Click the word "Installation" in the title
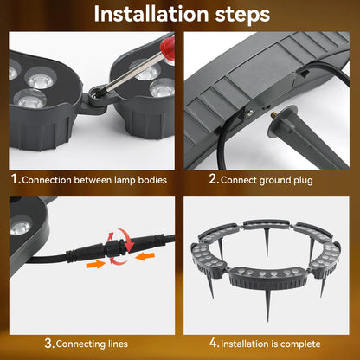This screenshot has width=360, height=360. click(151, 14)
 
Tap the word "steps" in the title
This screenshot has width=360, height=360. click(242, 15)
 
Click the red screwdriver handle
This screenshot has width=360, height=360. click(168, 48)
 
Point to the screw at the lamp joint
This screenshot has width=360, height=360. click(94, 93)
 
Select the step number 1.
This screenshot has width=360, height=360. click(15, 179)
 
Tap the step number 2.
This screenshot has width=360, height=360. click(213, 179)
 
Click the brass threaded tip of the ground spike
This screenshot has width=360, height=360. click(273, 116)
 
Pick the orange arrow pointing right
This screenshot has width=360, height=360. click(95, 264)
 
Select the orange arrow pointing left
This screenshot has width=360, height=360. click(145, 255)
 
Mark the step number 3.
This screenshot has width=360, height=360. click(49, 343)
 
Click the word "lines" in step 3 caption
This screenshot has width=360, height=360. click(118, 344)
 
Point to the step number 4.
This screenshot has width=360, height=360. click(214, 343)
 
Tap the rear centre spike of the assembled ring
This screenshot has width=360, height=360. click(267, 242)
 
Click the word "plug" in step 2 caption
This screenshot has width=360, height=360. click(303, 181)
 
